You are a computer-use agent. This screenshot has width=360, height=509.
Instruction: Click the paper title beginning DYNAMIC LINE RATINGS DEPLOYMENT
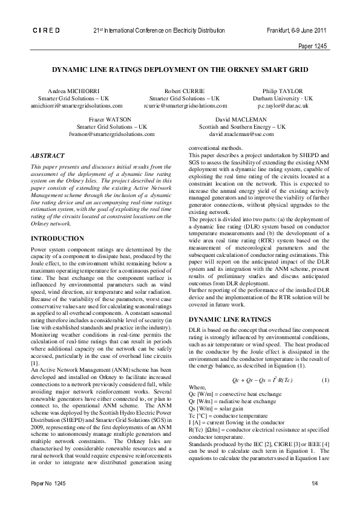[x=180, y=70]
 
